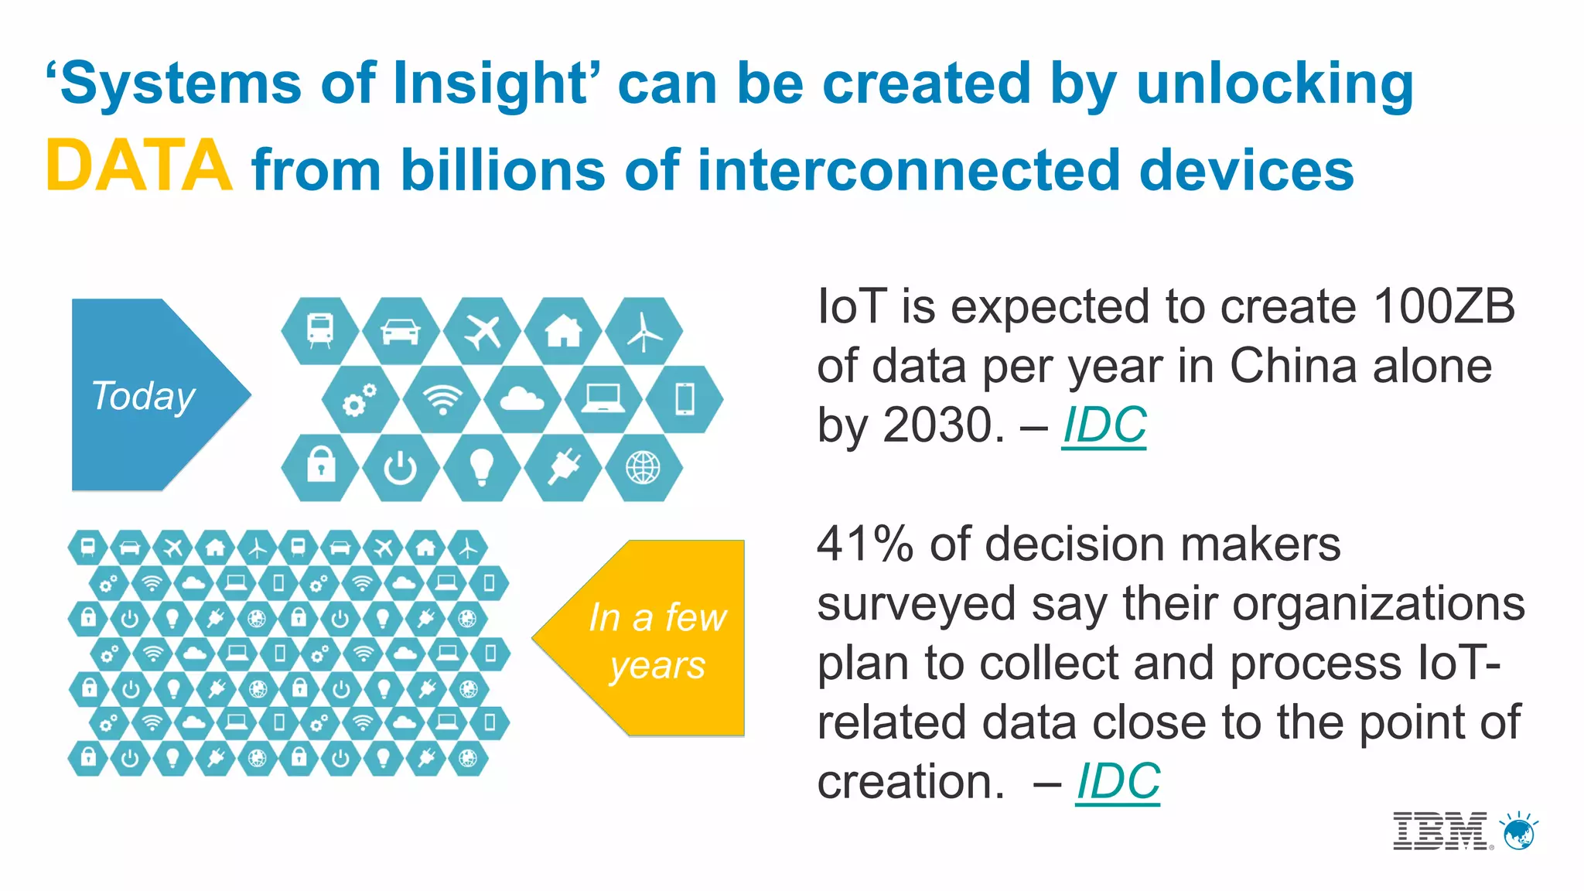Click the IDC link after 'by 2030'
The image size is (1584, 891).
(x=1104, y=425)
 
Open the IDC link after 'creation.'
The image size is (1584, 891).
(x=1118, y=781)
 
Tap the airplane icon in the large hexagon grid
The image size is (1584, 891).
(x=482, y=332)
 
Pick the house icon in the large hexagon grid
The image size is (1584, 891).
(x=563, y=332)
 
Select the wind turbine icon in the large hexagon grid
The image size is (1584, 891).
(x=643, y=332)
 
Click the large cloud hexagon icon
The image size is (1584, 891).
(x=522, y=400)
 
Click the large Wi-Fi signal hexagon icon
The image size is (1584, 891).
(x=442, y=400)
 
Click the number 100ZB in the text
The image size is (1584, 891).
(x=1444, y=306)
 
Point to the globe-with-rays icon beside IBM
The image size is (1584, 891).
(x=1520, y=832)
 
